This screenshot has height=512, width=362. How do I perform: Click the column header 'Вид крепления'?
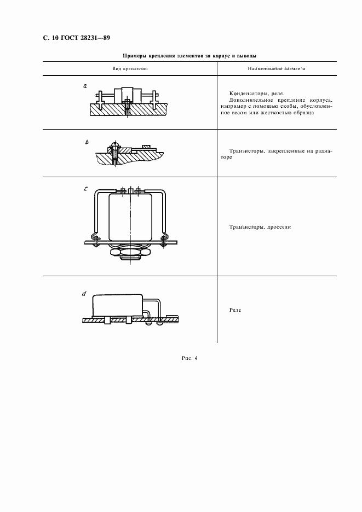(130, 69)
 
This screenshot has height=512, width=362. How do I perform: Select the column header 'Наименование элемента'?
(277, 69)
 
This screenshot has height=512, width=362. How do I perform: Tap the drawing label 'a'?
(85, 86)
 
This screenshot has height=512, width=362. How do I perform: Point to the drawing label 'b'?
(87, 142)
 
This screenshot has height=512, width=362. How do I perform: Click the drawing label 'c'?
(85, 189)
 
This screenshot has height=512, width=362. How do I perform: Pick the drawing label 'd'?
(84, 294)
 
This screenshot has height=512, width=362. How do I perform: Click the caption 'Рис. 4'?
(189, 358)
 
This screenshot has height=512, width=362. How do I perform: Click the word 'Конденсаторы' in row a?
(246, 94)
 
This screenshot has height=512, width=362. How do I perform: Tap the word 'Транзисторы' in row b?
(247, 151)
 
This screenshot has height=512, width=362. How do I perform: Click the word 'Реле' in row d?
(235, 310)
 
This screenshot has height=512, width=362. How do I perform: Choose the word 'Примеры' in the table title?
(134, 56)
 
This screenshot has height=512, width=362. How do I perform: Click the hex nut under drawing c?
(129, 252)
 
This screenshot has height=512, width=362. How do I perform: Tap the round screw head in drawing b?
(114, 144)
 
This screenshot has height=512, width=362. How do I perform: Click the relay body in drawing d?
(118, 305)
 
